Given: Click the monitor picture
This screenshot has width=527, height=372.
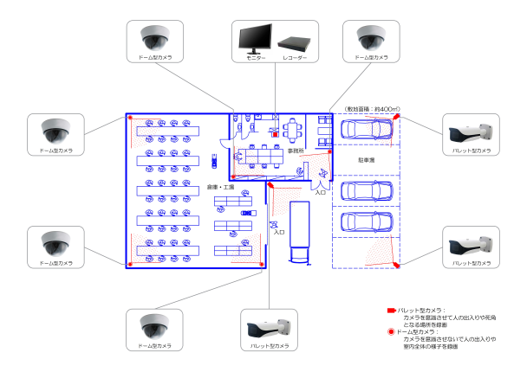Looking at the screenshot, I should coord(255,37).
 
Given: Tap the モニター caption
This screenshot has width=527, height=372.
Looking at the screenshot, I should coord(255,57).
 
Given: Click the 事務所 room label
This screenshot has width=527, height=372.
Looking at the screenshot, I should coord(296,151).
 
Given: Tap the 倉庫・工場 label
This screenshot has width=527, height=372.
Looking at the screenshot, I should coord(217,188).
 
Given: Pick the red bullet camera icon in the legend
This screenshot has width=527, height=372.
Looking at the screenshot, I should coord(392,310).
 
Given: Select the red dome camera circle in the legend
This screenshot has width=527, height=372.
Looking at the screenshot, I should coord(392,331).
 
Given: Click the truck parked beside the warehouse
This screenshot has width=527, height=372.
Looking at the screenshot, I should coord(299,234).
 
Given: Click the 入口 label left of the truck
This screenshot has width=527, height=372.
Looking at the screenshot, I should coord(279,232).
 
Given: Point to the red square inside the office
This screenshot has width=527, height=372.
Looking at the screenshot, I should coord(276,134).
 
